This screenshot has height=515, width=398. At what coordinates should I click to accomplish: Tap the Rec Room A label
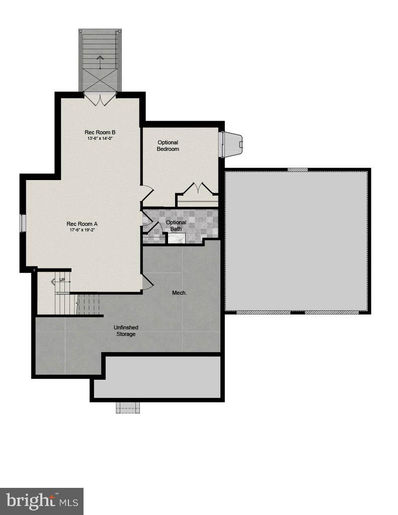point(82,224)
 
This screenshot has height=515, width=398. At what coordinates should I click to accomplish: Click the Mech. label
point(180,292)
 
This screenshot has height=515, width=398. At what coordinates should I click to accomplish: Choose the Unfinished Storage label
point(126,330)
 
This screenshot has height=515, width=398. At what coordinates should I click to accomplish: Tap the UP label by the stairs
point(62,280)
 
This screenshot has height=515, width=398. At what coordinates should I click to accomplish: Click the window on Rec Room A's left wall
point(23,223)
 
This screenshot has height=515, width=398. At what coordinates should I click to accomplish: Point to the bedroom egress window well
point(232,144)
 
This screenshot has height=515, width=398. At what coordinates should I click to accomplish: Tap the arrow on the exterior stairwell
point(100,62)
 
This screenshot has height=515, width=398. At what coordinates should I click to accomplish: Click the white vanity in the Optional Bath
point(177,238)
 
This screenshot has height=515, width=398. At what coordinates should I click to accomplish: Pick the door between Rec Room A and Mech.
point(147,282)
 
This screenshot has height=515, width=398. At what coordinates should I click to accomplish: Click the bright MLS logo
point(42,501)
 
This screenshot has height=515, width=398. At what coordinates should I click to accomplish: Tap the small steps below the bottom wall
point(127,407)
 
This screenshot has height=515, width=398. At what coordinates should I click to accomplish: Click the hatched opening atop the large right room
point(297,169)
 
